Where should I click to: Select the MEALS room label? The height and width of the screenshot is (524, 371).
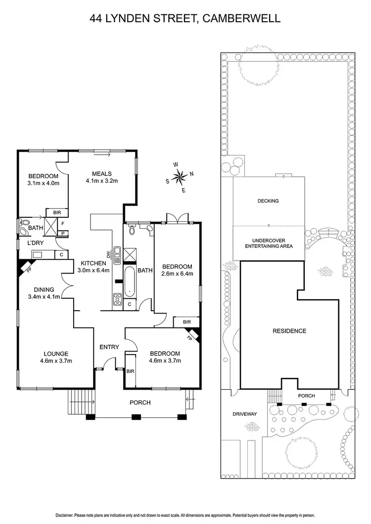tap(102, 173)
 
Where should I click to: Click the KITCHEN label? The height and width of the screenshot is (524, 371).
tap(92, 263)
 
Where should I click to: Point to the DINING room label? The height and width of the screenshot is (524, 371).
tap(44, 290)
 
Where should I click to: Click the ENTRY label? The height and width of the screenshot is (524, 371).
tap(109, 347)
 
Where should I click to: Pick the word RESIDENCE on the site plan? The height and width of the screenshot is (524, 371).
tap(289, 331)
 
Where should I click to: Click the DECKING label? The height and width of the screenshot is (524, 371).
tap(268, 201)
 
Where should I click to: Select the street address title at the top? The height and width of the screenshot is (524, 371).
tap(185, 19)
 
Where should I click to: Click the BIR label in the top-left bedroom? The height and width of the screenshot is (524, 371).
tap(54, 212)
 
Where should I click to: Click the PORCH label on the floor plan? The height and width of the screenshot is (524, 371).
tap(140, 403)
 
